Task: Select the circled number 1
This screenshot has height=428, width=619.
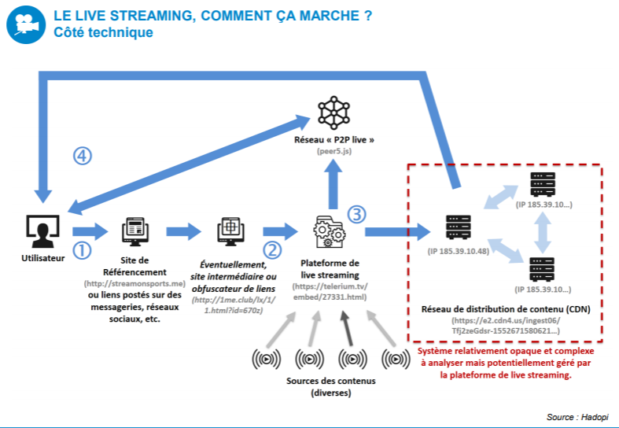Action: (82, 249)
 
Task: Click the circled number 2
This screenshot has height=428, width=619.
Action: (272, 250)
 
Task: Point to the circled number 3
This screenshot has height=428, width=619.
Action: (357, 213)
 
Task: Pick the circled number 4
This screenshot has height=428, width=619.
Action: (83, 156)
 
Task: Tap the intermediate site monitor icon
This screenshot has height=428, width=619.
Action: (232, 231)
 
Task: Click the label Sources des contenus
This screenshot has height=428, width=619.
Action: (331, 382)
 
